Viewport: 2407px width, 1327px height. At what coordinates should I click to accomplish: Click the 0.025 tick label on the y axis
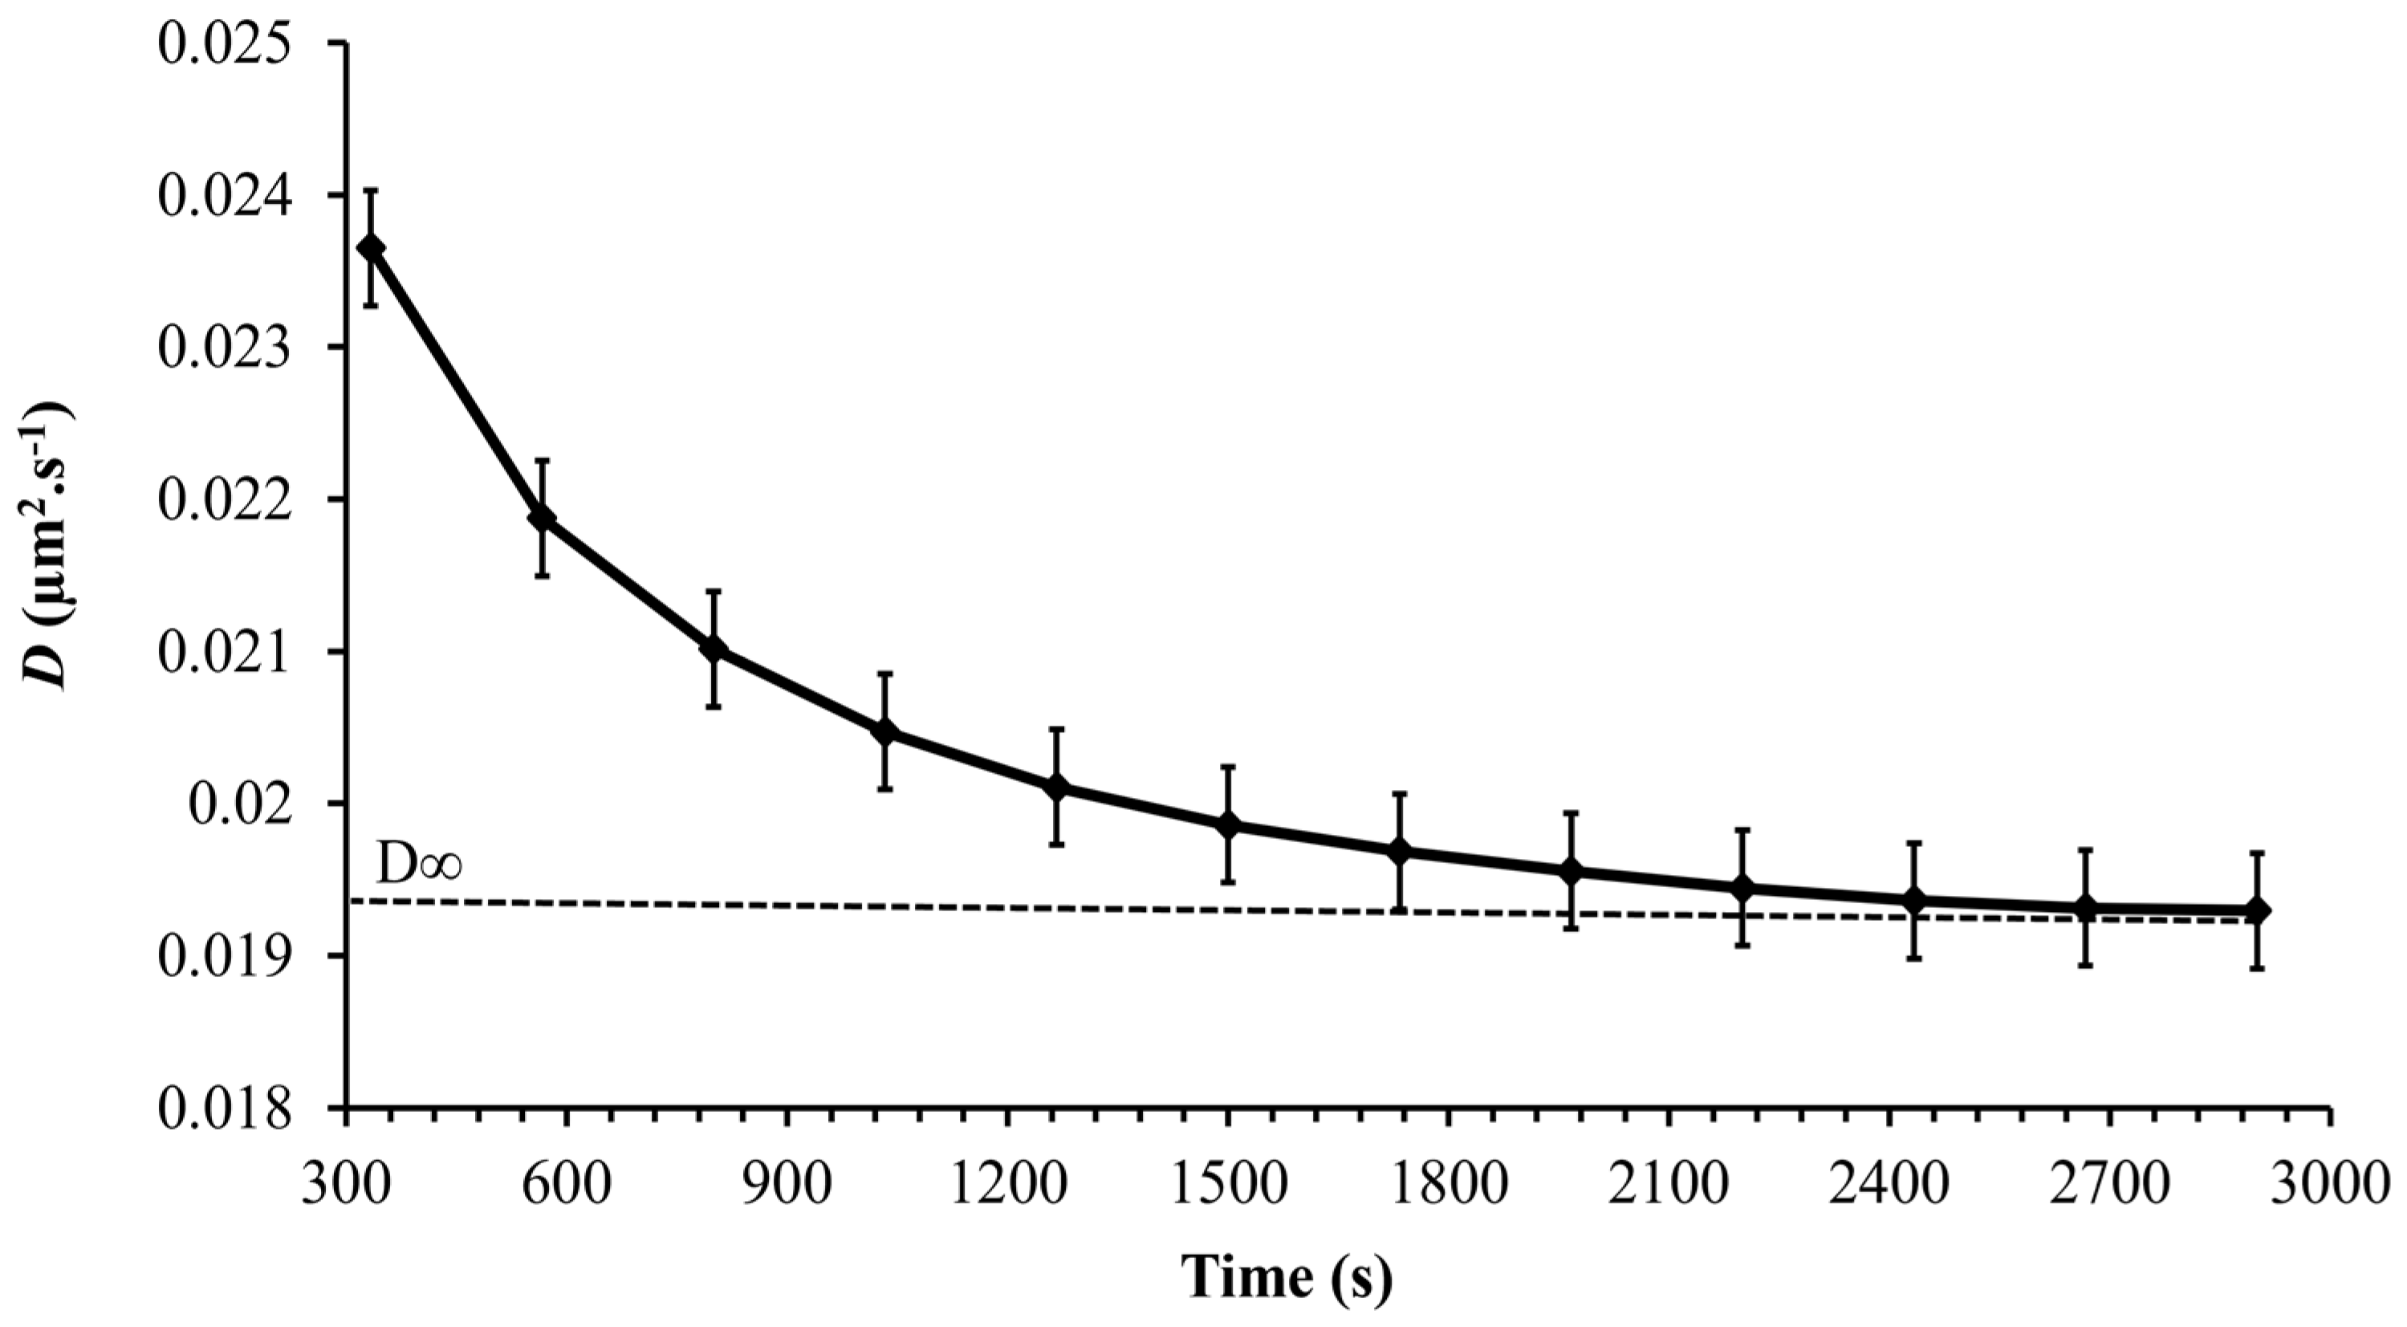(222, 42)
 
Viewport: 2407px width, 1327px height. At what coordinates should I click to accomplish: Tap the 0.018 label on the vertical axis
(222, 1109)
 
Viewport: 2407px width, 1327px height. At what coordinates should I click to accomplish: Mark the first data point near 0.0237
(371, 247)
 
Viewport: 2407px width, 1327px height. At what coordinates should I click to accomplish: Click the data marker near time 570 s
(542, 519)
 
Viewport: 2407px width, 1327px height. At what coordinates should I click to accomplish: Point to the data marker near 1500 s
(1228, 824)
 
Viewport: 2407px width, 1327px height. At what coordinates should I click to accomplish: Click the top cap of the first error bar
(371, 189)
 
